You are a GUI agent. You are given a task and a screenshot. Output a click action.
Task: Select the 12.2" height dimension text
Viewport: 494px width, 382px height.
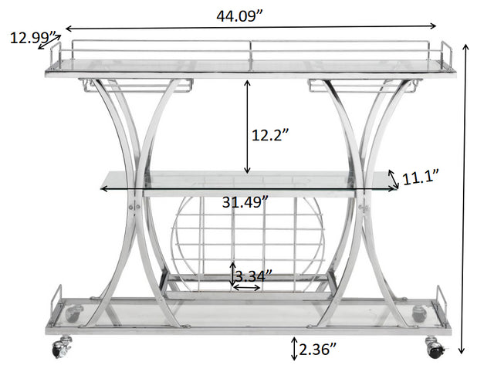(x=271, y=134)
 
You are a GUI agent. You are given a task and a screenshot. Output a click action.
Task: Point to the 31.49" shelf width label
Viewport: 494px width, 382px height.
(x=245, y=202)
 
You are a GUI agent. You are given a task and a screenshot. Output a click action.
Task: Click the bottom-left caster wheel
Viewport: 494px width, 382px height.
(x=58, y=350)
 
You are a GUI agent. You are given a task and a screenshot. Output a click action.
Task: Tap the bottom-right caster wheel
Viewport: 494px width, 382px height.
(x=435, y=350)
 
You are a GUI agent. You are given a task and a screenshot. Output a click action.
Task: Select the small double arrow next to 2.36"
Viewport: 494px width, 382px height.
(x=294, y=348)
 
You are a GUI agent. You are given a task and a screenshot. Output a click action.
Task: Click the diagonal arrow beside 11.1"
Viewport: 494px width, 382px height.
(x=394, y=178)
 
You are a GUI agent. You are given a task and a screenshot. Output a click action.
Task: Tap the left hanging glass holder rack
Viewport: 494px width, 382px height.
(x=135, y=86)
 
